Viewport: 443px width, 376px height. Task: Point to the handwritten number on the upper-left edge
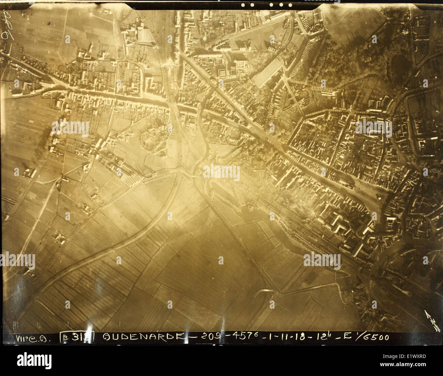pyautogui.click(x=6, y=26)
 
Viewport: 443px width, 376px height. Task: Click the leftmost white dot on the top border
pyautogui.click(x=243, y=5)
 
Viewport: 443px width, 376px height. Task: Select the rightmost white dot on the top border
pyautogui.click(x=291, y=5)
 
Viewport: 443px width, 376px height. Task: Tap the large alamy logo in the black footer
pyautogui.click(x=34, y=361)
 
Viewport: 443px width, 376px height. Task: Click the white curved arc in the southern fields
pyautogui.click(x=264, y=292)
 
